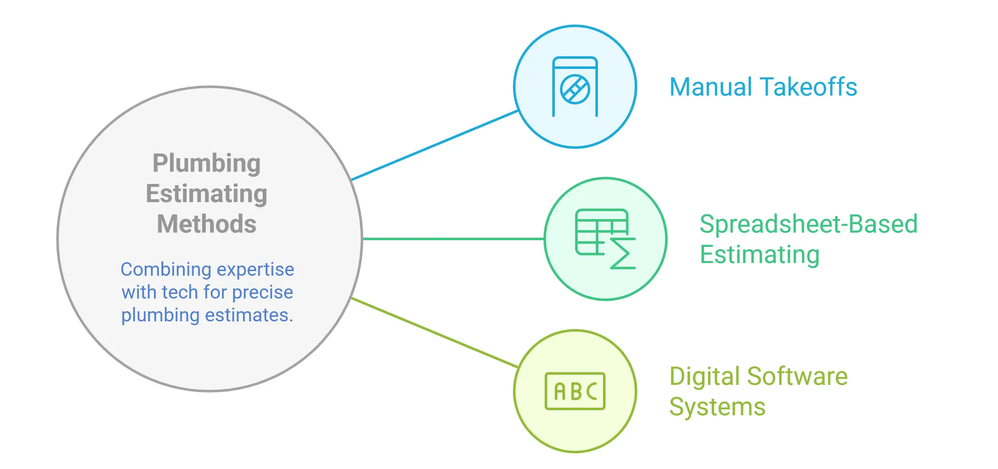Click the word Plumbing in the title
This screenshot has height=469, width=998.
point(206,164)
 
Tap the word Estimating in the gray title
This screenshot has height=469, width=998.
point(206,194)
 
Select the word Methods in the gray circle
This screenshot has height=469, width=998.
point(206,224)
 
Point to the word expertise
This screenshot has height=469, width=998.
point(255,269)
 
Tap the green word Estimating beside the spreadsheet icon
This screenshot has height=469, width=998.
point(759,255)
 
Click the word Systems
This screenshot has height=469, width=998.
point(717,407)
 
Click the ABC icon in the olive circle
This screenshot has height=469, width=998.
point(575,391)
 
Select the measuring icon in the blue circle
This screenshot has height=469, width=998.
point(575,87)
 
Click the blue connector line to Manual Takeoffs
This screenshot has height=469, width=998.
point(435,145)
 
